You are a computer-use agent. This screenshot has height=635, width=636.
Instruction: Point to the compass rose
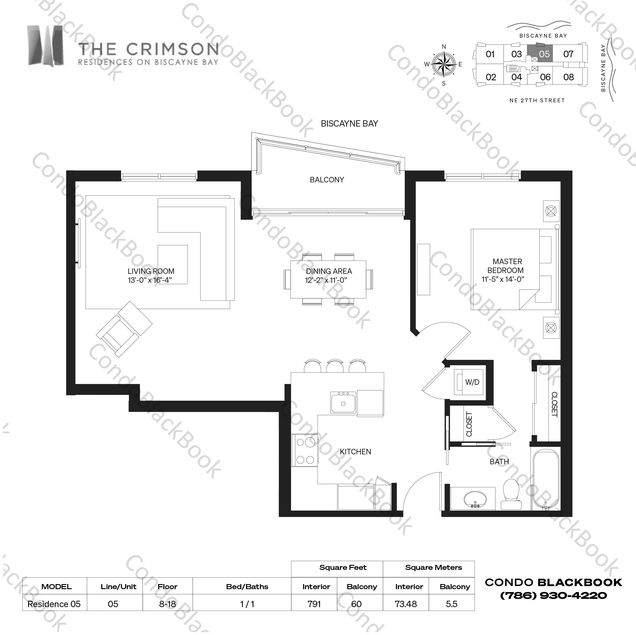(x=443, y=64)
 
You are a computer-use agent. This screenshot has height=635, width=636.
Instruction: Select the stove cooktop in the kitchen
(x=305, y=451)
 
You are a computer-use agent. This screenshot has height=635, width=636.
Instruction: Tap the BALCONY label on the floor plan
(x=327, y=180)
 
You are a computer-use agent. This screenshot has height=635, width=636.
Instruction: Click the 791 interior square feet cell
(x=314, y=604)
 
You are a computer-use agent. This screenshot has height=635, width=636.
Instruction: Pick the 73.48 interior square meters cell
(x=406, y=604)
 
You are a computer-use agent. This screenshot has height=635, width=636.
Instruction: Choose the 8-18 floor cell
(x=167, y=604)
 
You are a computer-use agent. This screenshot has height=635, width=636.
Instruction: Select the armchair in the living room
(x=124, y=329)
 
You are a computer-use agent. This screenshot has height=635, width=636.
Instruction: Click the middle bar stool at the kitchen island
(x=335, y=366)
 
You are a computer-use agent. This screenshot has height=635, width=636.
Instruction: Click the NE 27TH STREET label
(x=537, y=100)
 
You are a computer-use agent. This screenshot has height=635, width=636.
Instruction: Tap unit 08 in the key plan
(x=569, y=77)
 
